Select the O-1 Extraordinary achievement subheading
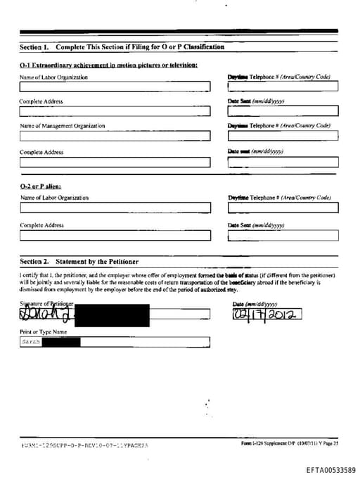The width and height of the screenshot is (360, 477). pos(108,65)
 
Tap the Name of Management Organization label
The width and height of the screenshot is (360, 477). pos(62,126)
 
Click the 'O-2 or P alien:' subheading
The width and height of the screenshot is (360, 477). pos(41,187)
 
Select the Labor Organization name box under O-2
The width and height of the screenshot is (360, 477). pos(115,208)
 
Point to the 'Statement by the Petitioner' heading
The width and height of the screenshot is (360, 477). pos(97,261)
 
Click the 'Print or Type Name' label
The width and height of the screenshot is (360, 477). pos(44,331)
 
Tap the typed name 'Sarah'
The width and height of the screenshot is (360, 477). pos(30,342)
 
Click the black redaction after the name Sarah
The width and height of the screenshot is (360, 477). pos(62,342)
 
